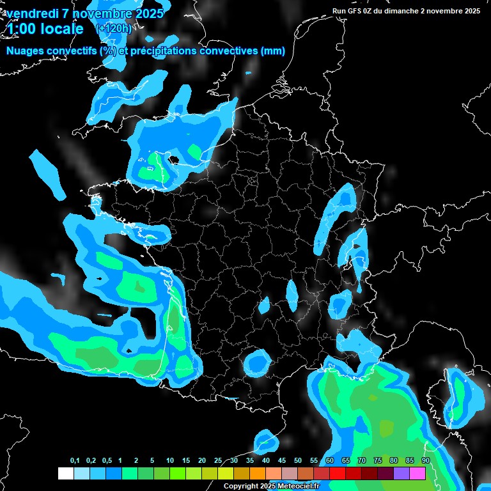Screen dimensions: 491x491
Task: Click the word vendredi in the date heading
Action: pyautogui.click(x=31, y=13)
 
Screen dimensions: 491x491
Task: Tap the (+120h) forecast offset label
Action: pyautogui.click(x=114, y=29)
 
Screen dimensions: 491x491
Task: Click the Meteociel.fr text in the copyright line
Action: pyautogui.click(x=299, y=487)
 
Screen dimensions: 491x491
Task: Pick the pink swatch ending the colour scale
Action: pyautogui.click(x=417, y=473)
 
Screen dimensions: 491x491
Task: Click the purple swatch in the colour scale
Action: pyautogui.click(x=401, y=473)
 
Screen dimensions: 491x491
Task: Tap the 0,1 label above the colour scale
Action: pyautogui.click(x=75, y=461)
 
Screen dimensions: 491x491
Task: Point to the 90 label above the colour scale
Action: pyautogui.click(x=425, y=461)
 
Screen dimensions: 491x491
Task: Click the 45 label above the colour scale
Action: pyautogui.click(x=282, y=461)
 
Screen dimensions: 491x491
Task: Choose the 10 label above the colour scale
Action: pyautogui.click(x=170, y=461)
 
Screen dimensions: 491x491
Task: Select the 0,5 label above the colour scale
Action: pyautogui.click(x=107, y=461)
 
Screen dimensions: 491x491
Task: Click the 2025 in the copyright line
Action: pyautogui.click(x=268, y=487)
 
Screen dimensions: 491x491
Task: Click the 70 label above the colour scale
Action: pyautogui.click(x=362, y=461)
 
